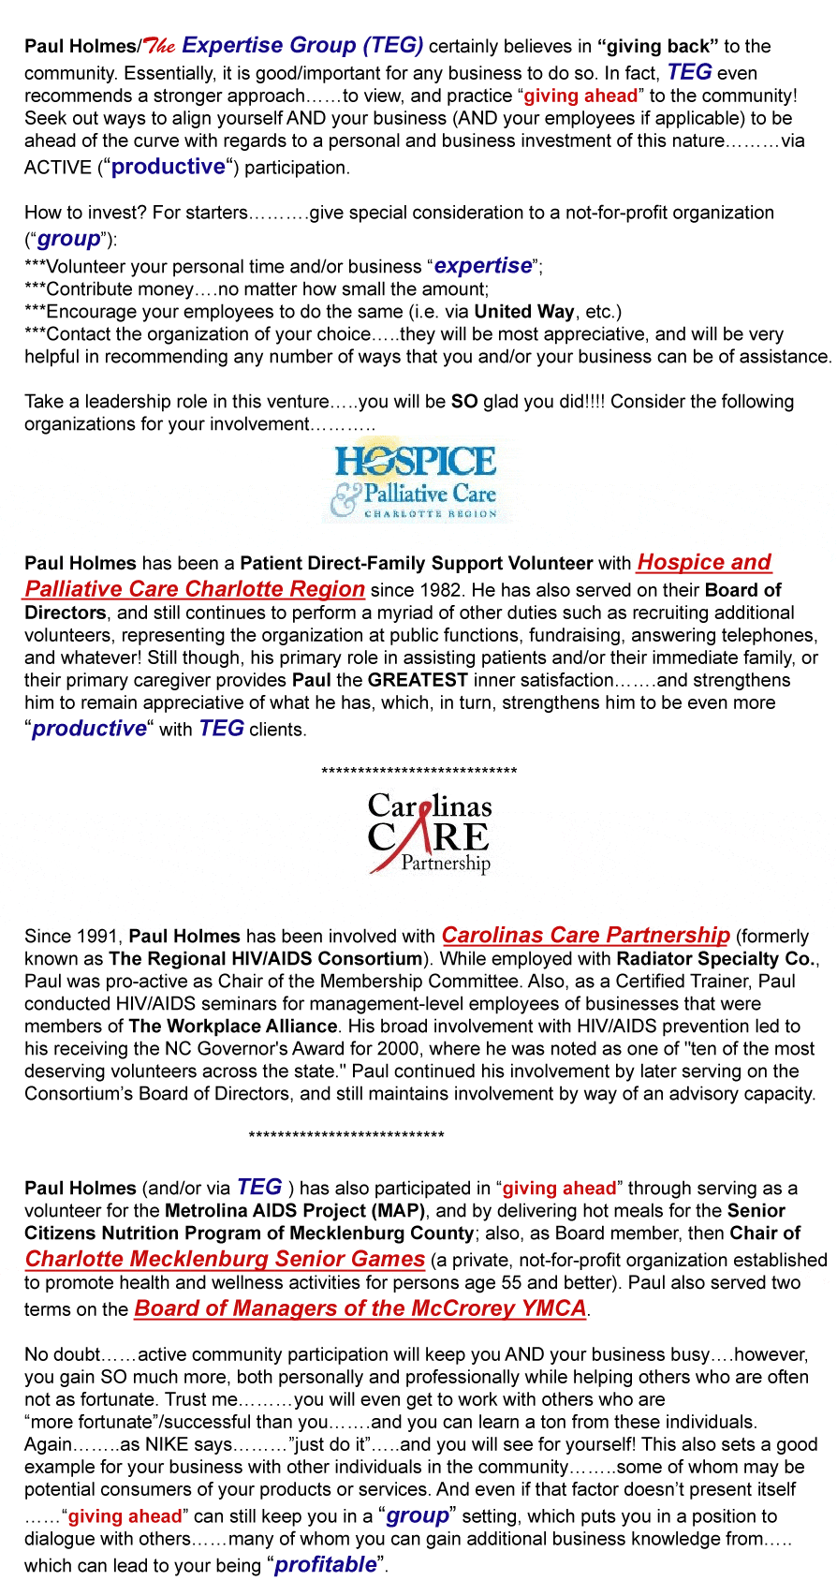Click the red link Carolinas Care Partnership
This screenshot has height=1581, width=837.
click(585, 935)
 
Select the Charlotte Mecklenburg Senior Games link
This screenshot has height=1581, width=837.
click(225, 1259)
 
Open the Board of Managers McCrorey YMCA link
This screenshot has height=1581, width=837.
click(360, 1308)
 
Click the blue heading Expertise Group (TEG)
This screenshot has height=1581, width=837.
click(302, 45)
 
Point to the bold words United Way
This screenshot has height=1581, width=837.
click(524, 312)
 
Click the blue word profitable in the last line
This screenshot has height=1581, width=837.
click(325, 1564)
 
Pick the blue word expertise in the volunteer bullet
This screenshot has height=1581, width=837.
click(483, 265)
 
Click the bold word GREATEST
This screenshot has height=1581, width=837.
click(418, 680)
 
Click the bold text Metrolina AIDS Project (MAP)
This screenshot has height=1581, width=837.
click(295, 1210)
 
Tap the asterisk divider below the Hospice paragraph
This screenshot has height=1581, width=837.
click(418, 772)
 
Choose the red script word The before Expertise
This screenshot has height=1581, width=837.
click(161, 47)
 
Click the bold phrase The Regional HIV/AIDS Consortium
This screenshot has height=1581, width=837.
click(266, 958)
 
